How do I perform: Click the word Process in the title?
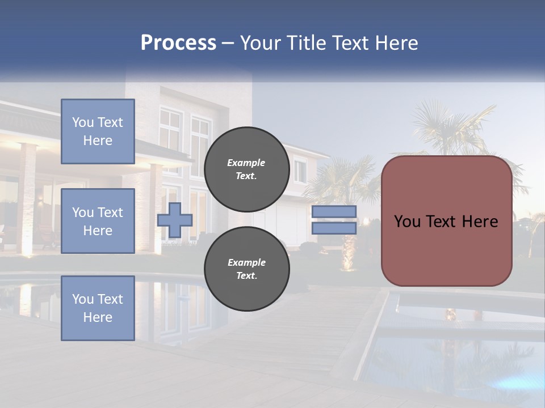[178, 43]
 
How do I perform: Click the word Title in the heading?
[306, 43]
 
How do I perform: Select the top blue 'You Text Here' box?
[98, 131]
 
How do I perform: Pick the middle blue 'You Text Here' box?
[98, 221]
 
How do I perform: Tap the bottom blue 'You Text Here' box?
[98, 308]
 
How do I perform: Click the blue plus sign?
[175, 220]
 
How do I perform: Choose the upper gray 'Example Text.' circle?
[246, 169]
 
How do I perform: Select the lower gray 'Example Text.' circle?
[246, 269]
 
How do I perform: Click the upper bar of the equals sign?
[334, 212]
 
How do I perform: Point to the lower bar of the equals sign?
[334, 228]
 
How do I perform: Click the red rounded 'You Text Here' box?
[446, 244]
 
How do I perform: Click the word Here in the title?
[397, 43]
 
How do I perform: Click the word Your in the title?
[261, 43]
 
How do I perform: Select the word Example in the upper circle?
[246, 163]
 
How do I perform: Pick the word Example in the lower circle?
[246, 262]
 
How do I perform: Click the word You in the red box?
[407, 221]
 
